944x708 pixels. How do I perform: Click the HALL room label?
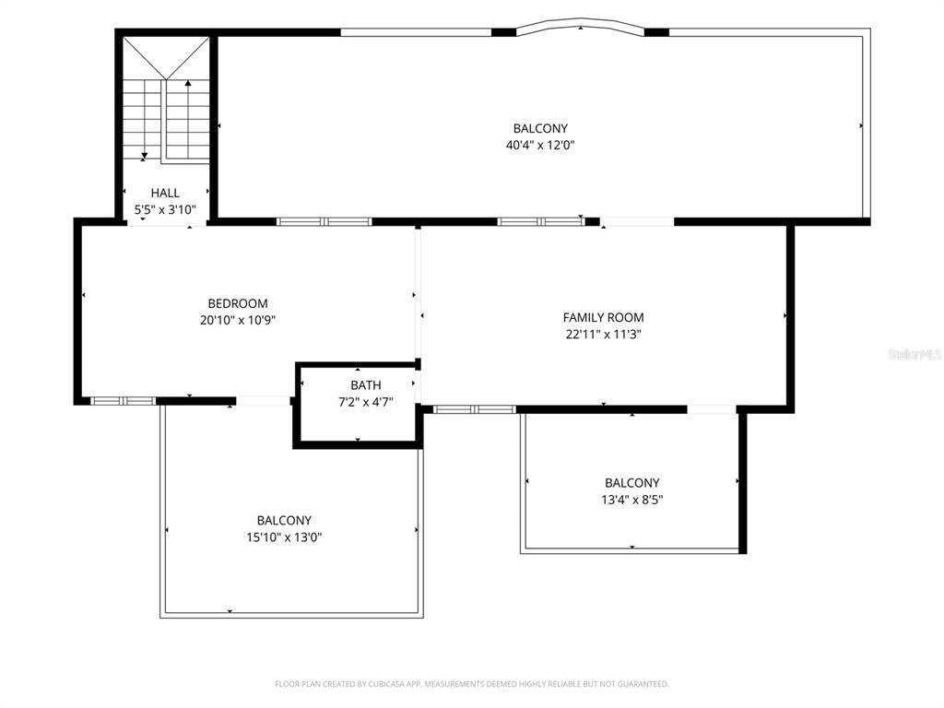click(165, 193)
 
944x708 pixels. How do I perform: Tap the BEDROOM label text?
click(238, 303)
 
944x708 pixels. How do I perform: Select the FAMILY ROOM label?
click(603, 318)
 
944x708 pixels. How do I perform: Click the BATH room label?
click(365, 385)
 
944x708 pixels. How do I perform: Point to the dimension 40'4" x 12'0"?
click(539, 145)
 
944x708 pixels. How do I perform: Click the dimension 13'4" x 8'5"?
click(631, 500)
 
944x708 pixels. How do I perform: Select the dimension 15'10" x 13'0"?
click(284, 537)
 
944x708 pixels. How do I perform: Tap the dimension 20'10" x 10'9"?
click(238, 320)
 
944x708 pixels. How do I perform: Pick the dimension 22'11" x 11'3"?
click(603, 335)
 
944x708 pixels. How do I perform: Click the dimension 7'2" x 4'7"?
click(365, 402)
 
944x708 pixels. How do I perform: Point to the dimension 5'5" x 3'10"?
click(165, 209)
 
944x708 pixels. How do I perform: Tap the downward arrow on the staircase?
click(144, 155)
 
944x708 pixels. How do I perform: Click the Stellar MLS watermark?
click(914, 353)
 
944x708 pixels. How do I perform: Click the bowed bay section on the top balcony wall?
click(580, 28)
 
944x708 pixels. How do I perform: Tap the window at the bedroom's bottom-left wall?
click(124, 401)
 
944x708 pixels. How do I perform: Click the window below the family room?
click(475, 408)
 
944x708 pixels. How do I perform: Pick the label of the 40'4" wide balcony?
click(539, 128)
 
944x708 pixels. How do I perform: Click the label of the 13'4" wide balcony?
click(631, 483)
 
